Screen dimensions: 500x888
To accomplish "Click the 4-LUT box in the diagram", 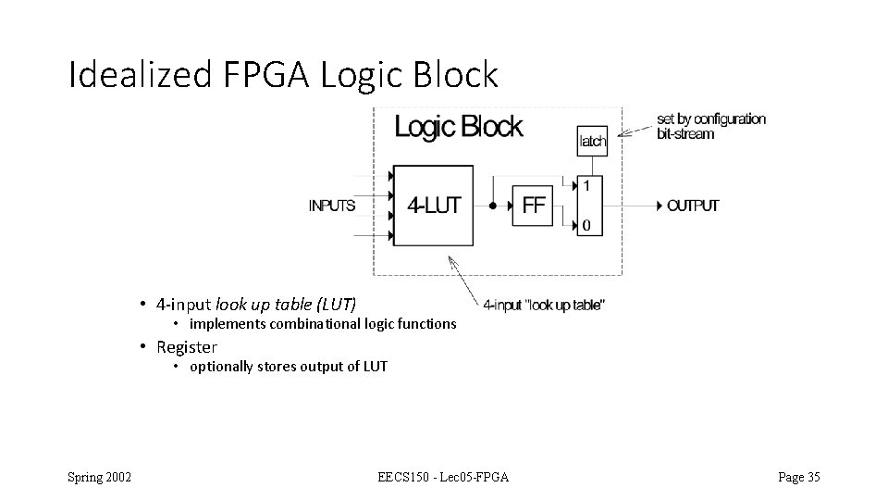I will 433,206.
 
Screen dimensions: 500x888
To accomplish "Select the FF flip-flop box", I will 534,206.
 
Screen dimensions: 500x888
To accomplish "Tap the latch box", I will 592,141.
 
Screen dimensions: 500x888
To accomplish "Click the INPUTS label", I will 332,206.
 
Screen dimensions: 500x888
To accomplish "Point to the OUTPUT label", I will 693,206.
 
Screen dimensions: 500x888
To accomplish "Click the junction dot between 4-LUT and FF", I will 493,206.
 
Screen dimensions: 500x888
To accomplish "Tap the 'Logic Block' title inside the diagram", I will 458,127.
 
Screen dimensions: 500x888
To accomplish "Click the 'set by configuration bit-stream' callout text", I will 711,126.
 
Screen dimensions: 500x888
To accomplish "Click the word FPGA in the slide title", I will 267,75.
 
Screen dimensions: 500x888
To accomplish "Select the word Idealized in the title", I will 139,75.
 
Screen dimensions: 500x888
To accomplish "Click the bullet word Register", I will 187,347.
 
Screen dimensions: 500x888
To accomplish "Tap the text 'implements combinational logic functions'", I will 323,324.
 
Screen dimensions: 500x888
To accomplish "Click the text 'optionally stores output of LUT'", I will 289,367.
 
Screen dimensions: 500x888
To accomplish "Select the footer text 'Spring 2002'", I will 99,478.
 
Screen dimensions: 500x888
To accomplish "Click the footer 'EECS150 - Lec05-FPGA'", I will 443,478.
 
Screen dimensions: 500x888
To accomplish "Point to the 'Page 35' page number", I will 799,478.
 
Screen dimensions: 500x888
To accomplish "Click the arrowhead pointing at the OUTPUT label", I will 659,206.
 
